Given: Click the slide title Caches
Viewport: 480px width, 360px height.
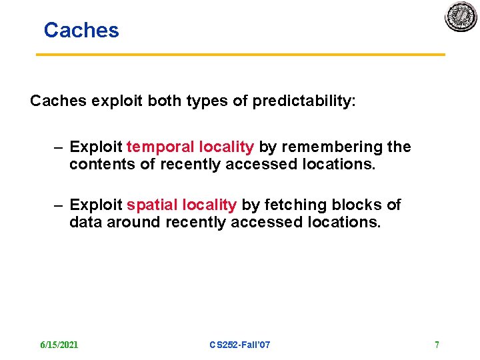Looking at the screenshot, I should coord(81,30).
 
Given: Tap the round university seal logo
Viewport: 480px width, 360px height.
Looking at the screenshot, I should coord(461,16).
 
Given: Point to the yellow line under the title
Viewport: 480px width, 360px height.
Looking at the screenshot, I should coord(240,55).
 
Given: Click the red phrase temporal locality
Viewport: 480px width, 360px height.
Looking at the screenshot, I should coord(190,147).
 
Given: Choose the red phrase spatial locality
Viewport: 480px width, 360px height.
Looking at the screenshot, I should coord(181,205).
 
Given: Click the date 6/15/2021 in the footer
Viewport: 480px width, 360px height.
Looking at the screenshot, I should coord(59,345).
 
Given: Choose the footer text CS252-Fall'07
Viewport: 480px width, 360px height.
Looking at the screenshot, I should coord(239,345).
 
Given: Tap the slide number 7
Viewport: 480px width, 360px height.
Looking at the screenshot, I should coord(437,345).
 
